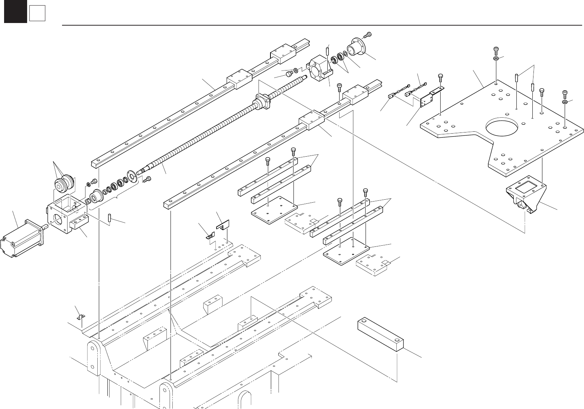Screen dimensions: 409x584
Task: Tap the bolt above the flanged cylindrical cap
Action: tap(368, 35)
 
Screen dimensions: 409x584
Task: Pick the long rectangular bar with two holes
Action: tap(380, 335)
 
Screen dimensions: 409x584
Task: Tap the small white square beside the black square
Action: tap(37, 14)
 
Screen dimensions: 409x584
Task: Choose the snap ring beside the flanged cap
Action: tap(345, 55)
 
